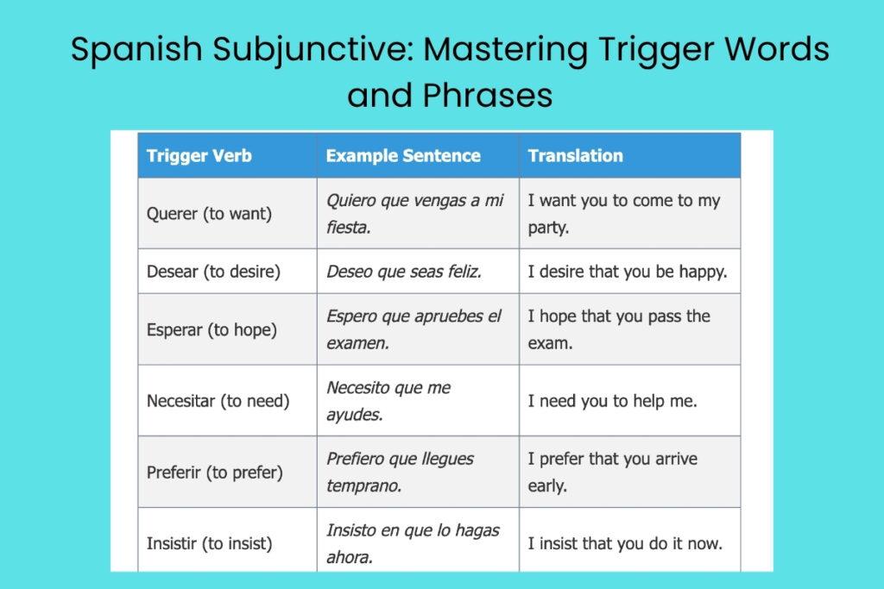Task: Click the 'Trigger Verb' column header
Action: click(x=199, y=156)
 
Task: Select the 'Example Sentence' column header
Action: click(x=402, y=156)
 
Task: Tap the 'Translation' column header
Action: click(x=575, y=156)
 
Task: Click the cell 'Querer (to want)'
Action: click(x=209, y=214)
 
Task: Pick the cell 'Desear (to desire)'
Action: click(x=213, y=272)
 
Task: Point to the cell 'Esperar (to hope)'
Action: click(x=212, y=329)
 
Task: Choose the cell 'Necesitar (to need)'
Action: click(x=218, y=401)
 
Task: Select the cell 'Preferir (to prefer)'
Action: click(x=214, y=473)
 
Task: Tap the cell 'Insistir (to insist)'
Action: click(x=209, y=543)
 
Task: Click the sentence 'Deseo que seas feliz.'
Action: click(x=403, y=272)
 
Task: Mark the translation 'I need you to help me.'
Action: click(x=612, y=401)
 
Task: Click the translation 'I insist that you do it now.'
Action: click(x=625, y=543)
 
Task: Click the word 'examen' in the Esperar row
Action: click(x=356, y=343)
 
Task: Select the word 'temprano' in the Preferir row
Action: click(x=362, y=486)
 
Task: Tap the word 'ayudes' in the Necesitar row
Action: click(x=353, y=415)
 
